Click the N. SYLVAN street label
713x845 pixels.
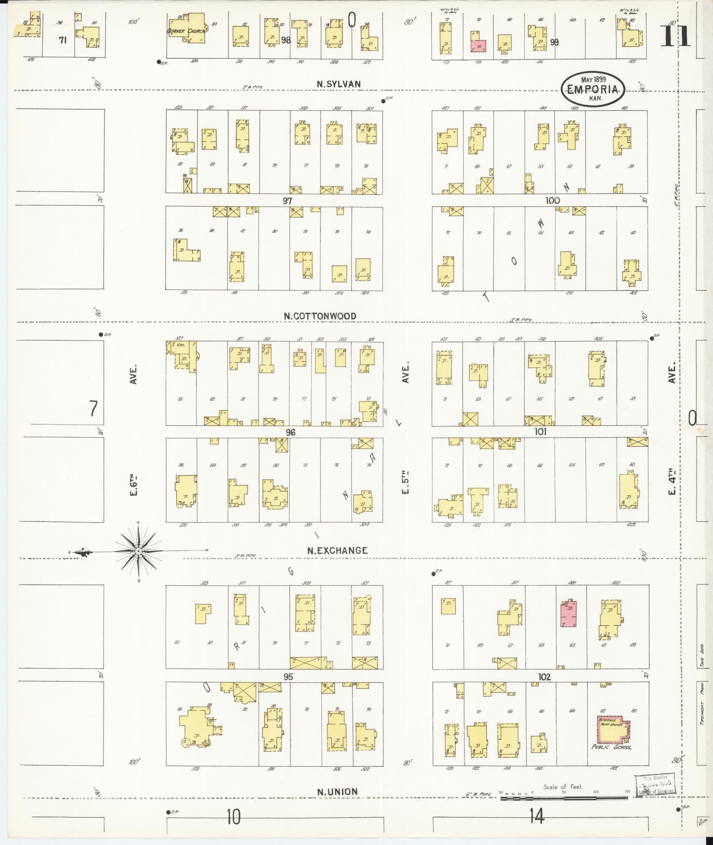[339, 84]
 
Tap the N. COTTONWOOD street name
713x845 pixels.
[320, 316]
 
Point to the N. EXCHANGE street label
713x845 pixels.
[337, 550]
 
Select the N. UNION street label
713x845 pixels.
[337, 792]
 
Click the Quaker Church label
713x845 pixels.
[185, 31]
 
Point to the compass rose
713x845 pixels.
[138, 551]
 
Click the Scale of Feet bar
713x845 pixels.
[564, 798]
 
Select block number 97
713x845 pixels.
[288, 201]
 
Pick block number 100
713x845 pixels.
[552, 201]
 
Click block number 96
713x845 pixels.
[290, 432]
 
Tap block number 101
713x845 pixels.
[540, 432]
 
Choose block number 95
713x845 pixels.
[288, 677]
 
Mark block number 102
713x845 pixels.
[544, 677]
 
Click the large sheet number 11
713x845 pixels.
[675, 36]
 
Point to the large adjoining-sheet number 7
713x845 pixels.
[92, 409]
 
